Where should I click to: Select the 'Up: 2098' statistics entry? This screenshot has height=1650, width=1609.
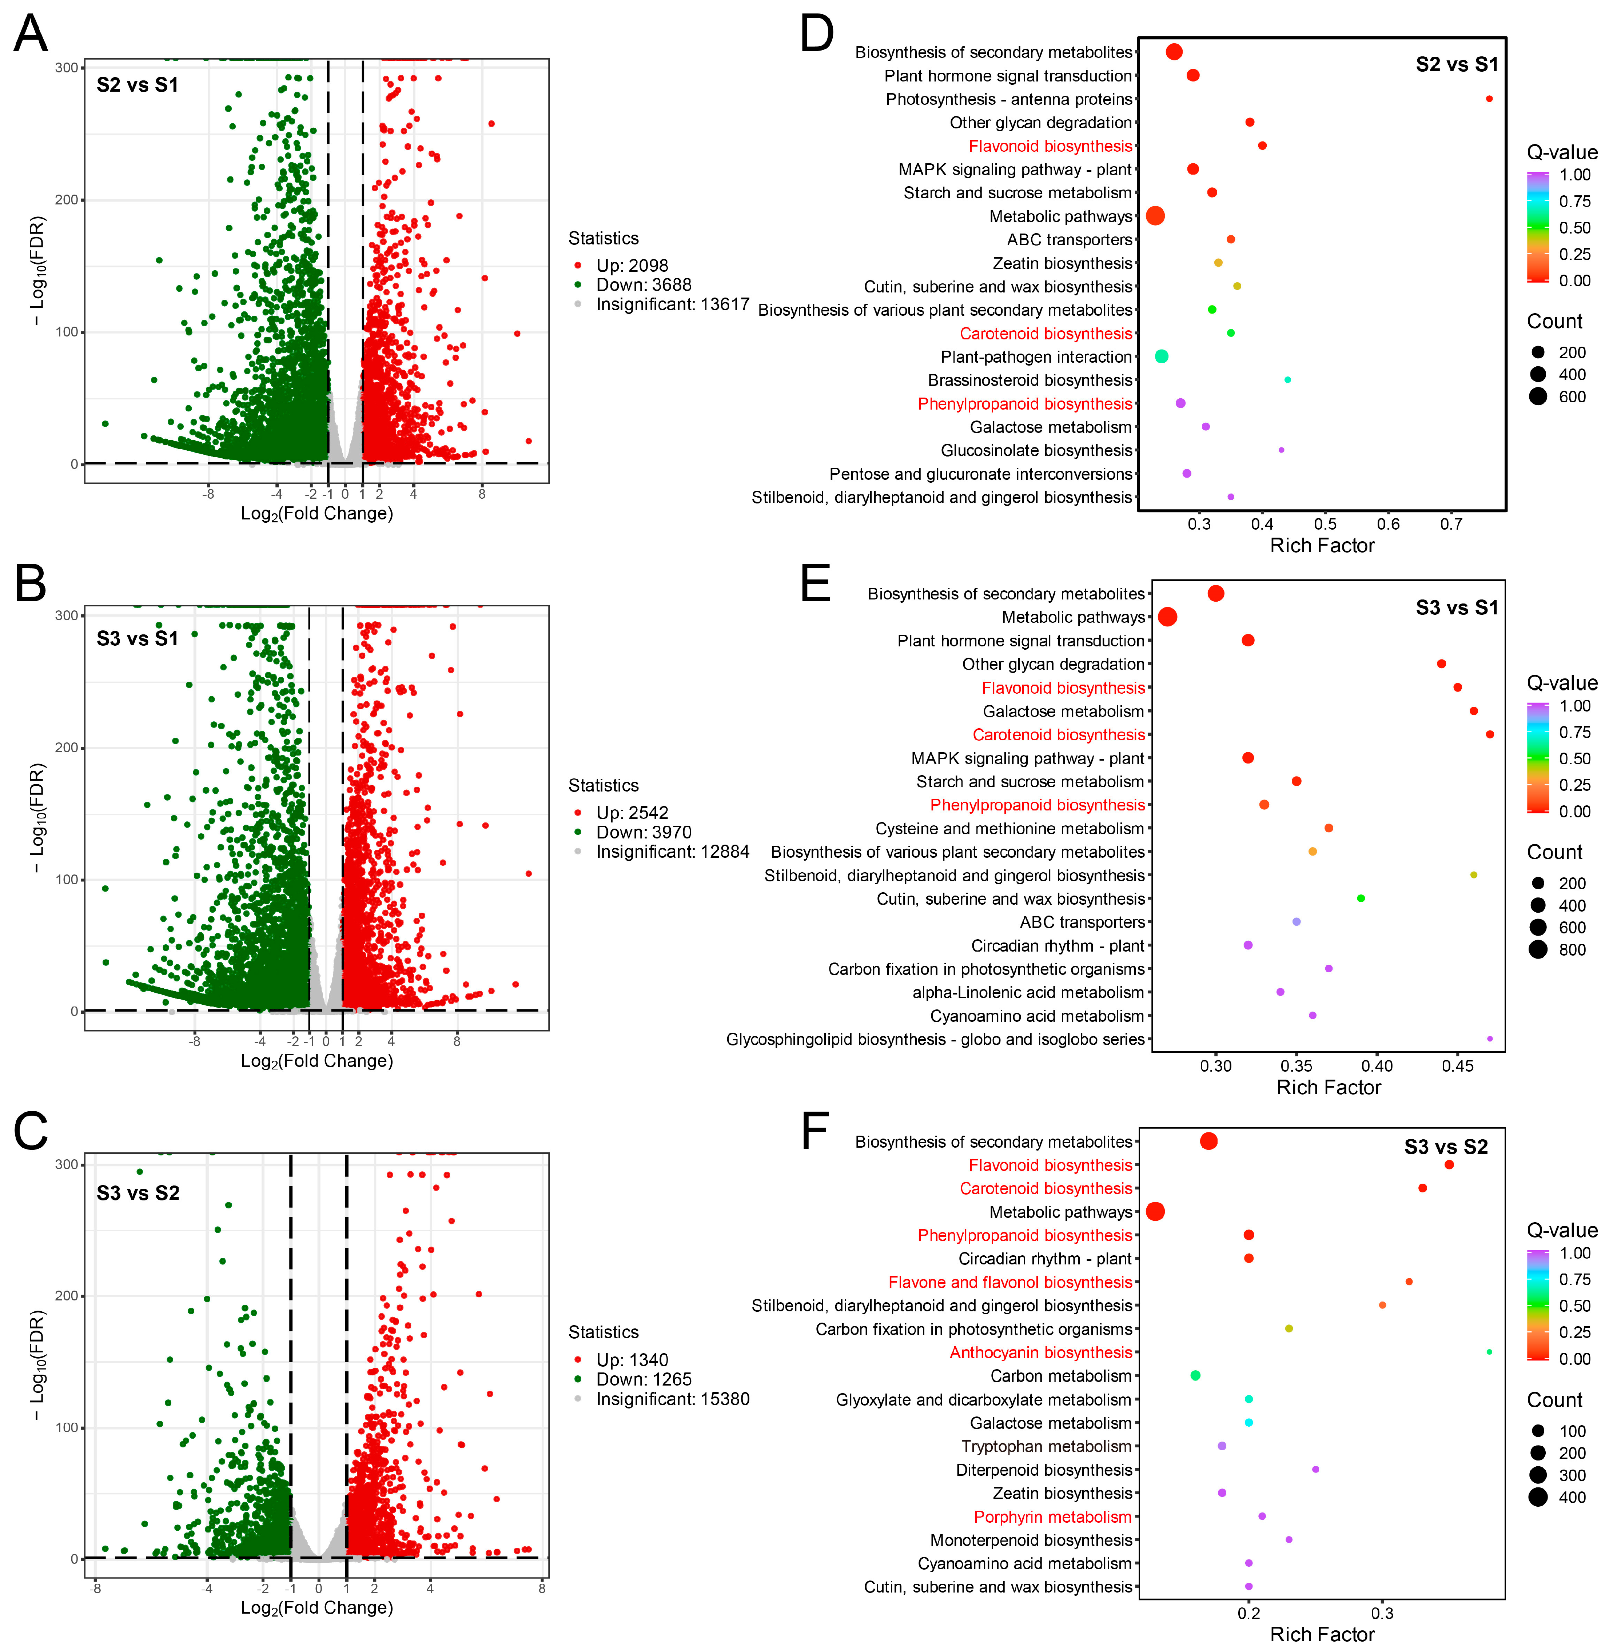(632, 265)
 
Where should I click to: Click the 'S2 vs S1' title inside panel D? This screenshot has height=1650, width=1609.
(1457, 64)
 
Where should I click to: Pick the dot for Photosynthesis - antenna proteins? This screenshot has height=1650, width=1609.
(1489, 99)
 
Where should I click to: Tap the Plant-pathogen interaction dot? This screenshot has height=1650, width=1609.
(1161, 356)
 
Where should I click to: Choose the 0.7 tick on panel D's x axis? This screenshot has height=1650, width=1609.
(1451, 524)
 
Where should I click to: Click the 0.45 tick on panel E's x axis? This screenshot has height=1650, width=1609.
(1458, 1066)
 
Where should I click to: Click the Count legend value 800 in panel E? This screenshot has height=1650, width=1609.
(1572, 950)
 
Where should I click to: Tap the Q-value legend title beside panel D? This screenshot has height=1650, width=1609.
(1562, 152)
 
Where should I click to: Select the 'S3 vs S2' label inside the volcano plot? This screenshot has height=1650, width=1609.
(138, 1193)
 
